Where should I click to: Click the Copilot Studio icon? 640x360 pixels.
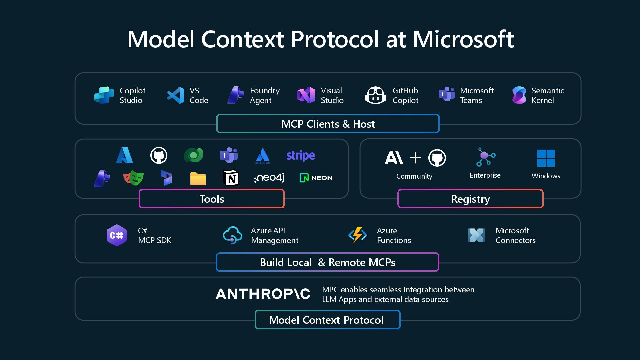pos(104,95)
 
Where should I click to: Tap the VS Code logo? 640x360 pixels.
pos(176,95)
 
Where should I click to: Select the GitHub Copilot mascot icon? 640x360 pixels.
pos(375,95)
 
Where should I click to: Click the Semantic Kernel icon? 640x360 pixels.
pos(519,95)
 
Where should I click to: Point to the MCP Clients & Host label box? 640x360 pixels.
pos(328,124)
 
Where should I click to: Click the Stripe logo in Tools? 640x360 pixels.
pos(300,156)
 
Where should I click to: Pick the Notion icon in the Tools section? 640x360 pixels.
pos(231,178)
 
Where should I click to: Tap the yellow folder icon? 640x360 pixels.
pos(198,179)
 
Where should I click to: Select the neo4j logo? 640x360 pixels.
pos(269,178)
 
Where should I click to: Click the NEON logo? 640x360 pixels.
pos(316,178)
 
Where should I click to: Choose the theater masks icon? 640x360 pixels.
pos(133,178)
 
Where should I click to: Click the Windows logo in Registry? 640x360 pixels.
pos(546,158)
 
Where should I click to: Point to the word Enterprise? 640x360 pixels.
pos(485,175)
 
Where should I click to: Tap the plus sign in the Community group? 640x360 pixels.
pos(415,158)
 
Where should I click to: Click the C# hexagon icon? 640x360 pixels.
pos(117,235)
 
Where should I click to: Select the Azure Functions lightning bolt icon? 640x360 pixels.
pos(357,235)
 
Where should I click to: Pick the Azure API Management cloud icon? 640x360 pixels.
pos(232,235)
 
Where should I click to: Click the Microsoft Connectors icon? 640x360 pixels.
pos(476,235)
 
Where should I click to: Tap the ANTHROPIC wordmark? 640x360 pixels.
pos(263,294)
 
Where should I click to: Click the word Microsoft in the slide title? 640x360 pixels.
pos(463,39)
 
